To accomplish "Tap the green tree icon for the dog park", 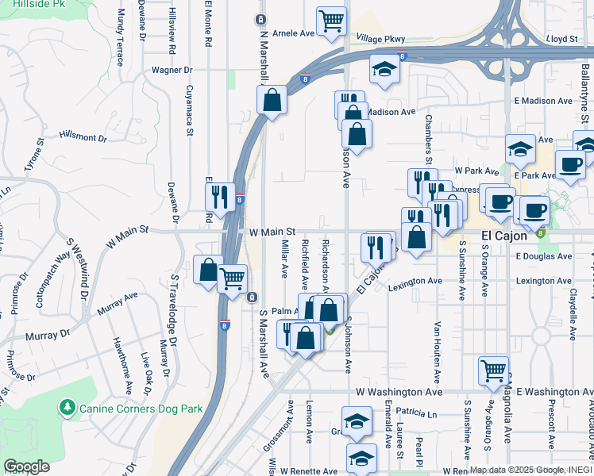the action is click(67, 408).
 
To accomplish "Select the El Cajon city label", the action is click(510, 236).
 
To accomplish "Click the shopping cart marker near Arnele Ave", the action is click(331, 21).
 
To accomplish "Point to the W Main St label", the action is click(272, 233).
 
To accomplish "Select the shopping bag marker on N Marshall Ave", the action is click(272, 101).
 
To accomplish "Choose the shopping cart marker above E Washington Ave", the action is click(493, 370).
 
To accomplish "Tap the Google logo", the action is click(26, 466).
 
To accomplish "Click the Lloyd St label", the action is click(561, 38).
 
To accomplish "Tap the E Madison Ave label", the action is click(543, 101).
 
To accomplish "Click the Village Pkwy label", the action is click(380, 39).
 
